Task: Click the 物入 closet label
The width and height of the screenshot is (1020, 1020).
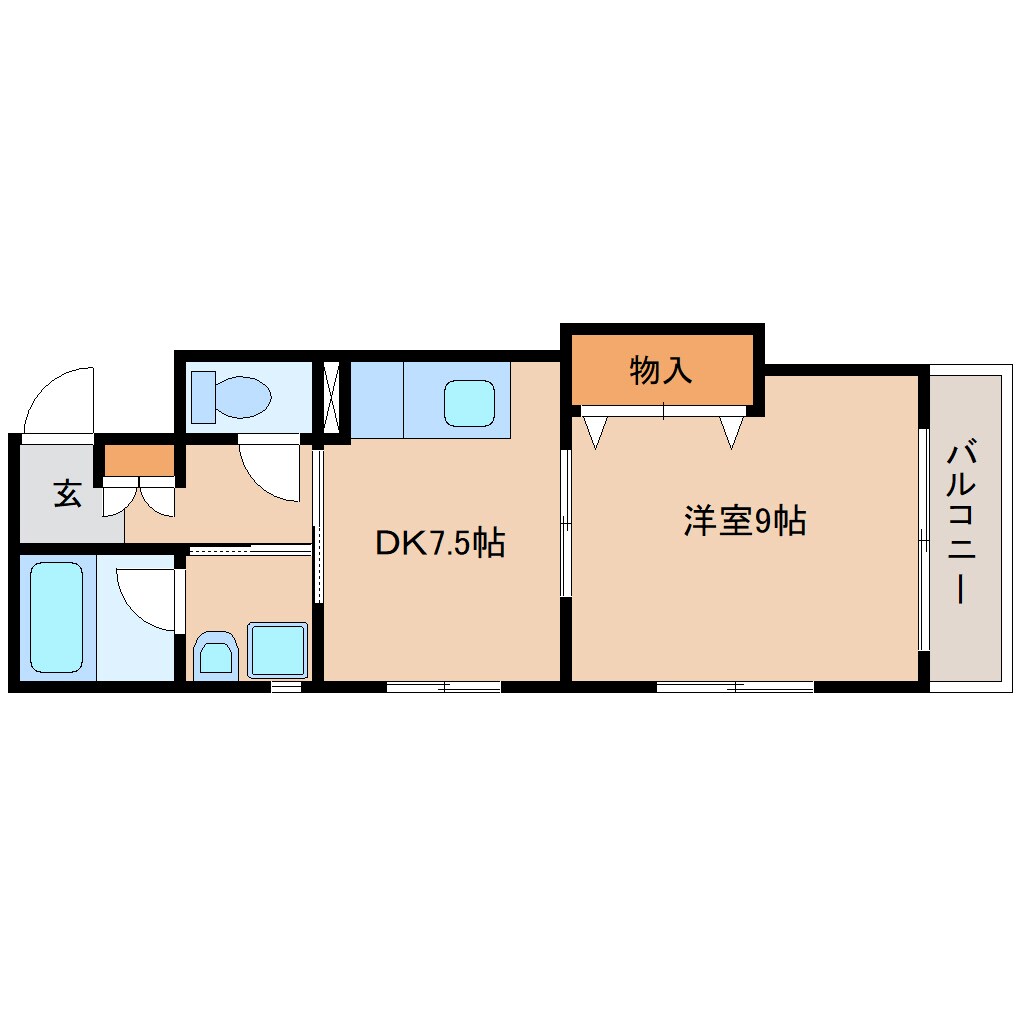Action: (x=661, y=370)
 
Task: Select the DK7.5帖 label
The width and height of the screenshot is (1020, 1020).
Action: (x=439, y=542)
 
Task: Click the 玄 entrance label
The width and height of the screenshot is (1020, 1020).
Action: (x=67, y=494)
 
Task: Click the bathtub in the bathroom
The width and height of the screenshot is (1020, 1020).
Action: (x=56, y=616)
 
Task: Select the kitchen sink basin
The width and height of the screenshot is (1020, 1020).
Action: (x=469, y=403)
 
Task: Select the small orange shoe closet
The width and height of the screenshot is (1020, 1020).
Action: (x=139, y=460)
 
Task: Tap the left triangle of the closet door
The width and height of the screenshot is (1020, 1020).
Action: (x=596, y=432)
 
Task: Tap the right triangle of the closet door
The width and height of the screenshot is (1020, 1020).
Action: (x=732, y=432)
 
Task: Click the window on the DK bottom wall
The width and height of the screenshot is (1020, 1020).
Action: (x=444, y=686)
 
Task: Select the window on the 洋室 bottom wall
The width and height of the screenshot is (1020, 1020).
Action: (x=735, y=686)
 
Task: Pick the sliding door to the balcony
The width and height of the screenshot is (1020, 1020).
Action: (x=923, y=540)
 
